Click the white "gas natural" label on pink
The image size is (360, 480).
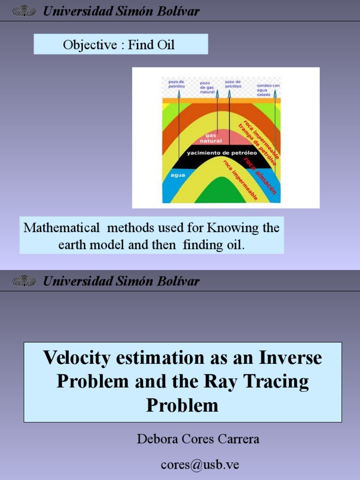(x=211, y=138)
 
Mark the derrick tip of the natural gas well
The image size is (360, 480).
(x=217, y=93)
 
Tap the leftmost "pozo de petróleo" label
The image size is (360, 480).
(x=177, y=84)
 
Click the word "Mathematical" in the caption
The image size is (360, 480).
(x=61, y=228)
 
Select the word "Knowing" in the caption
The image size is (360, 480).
(x=230, y=228)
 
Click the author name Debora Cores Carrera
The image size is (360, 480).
(x=198, y=439)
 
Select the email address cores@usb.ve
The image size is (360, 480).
(x=200, y=464)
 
